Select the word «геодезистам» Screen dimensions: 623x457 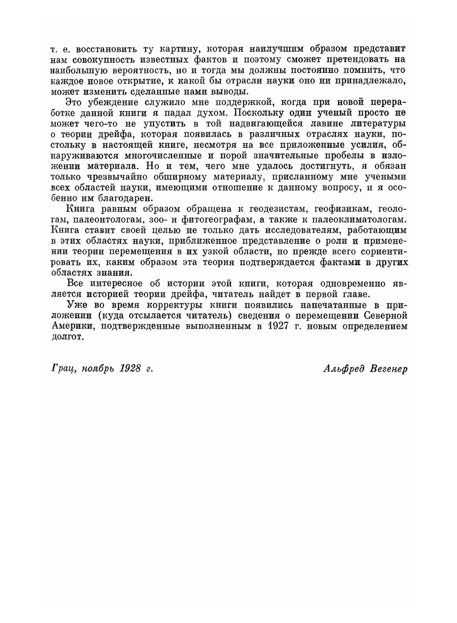pos(278,209)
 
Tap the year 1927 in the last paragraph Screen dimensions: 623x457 pos(279,326)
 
